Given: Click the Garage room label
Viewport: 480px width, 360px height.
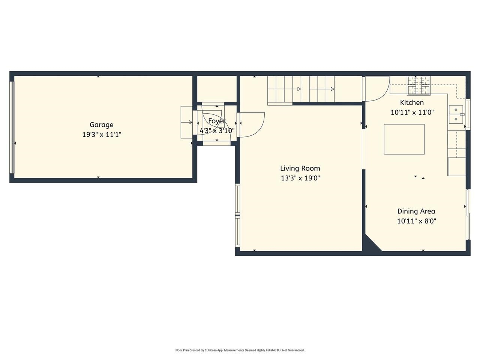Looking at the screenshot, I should click(101, 125).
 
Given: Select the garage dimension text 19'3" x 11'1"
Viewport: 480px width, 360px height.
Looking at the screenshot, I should click(101, 135).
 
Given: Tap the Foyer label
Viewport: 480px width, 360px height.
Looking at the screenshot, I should click(217, 121).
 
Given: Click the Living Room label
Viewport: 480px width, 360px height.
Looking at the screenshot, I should click(300, 168).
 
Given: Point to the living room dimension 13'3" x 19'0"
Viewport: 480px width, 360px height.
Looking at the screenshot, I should click(300, 178).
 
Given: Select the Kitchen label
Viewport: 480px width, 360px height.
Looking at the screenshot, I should click(412, 102).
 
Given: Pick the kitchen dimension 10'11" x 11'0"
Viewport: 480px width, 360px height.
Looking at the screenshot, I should click(412, 112).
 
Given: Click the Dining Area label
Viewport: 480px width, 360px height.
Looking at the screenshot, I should click(416, 211).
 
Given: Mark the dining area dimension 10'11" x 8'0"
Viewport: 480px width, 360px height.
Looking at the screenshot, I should click(416, 221).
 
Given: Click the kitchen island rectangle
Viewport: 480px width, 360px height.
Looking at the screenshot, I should click(404, 139).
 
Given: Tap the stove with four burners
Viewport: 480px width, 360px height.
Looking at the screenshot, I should click(419, 85).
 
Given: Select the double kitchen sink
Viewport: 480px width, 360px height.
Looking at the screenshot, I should click(456, 114).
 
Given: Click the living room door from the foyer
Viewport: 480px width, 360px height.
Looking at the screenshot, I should click(252, 124).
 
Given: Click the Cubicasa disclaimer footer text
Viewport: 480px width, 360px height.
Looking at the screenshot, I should click(240, 350).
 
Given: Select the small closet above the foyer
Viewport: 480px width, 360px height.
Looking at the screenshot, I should click(216, 89).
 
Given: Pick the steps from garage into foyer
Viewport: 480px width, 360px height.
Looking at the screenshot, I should click(186, 122).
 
